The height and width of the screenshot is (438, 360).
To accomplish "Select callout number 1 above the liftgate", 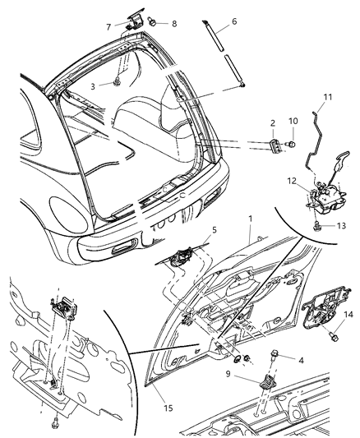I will pos(249,219).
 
